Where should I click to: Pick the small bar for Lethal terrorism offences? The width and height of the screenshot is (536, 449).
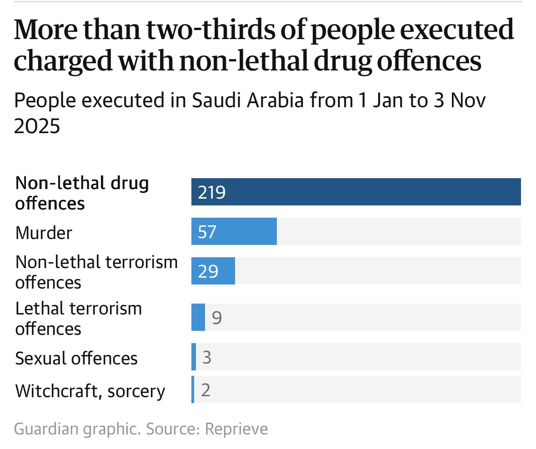tap(198, 317)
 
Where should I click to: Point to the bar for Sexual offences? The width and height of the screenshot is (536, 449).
tap(194, 357)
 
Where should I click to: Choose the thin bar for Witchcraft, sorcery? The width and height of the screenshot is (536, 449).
tap(193, 390)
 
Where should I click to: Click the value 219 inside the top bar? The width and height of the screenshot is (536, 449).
tap(212, 193)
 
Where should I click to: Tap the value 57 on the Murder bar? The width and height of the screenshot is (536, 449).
tap(207, 232)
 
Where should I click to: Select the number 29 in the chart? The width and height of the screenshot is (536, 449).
tap(208, 272)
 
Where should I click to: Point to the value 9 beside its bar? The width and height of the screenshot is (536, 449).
tap(217, 318)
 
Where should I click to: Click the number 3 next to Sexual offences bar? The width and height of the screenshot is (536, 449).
tap(207, 358)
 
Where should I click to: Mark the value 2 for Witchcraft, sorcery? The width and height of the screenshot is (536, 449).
tap(205, 390)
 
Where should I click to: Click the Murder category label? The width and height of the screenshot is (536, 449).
tap(44, 233)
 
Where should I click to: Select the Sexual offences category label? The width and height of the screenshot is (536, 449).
tap(76, 359)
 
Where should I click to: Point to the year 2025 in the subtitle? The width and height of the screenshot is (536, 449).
tap(37, 126)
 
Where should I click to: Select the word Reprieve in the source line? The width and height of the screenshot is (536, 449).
tap(236, 429)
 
